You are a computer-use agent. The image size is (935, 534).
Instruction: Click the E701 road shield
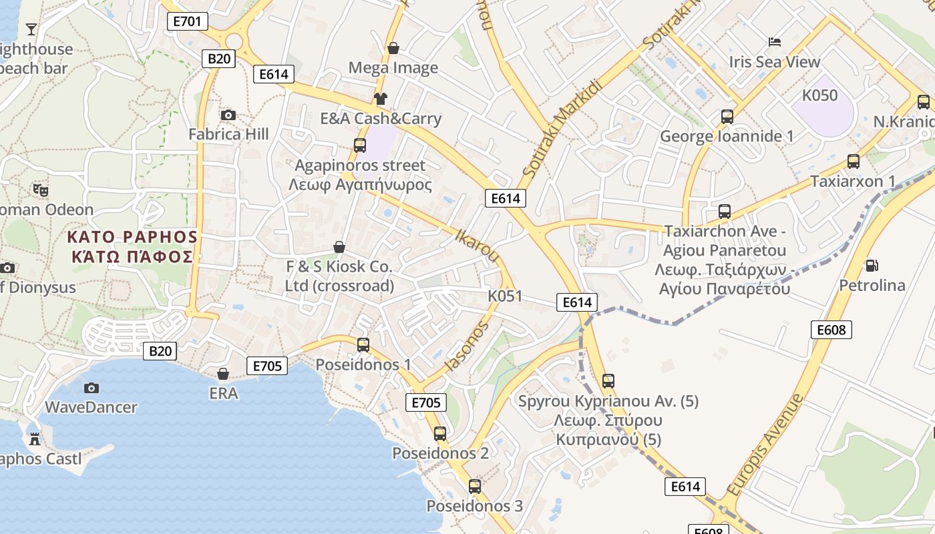(187, 21)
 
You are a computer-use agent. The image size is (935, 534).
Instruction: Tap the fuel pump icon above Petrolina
(872, 265)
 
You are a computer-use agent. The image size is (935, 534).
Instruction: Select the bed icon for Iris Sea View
(775, 42)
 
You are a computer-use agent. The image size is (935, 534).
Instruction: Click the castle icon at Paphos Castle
(35, 439)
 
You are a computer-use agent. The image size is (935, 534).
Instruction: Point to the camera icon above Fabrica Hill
(228, 115)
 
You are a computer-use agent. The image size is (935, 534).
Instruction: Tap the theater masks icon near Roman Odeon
(41, 190)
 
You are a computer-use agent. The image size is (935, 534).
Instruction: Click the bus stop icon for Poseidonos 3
(475, 486)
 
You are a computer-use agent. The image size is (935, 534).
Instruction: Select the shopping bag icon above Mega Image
(393, 48)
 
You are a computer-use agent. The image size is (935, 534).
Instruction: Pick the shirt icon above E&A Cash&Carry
(380, 99)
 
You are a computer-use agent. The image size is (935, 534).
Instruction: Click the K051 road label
(505, 296)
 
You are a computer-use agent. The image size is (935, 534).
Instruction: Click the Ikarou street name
(477, 245)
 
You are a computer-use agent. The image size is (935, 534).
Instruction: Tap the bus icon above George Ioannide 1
(727, 117)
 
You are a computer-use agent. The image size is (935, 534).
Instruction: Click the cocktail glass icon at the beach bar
(31, 29)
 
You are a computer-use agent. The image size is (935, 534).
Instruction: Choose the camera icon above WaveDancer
(91, 387)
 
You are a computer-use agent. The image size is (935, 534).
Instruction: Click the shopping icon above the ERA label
(223, 373)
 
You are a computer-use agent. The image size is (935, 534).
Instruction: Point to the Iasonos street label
(467, 346)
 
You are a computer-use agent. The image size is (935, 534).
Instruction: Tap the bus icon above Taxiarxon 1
(853, 161)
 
